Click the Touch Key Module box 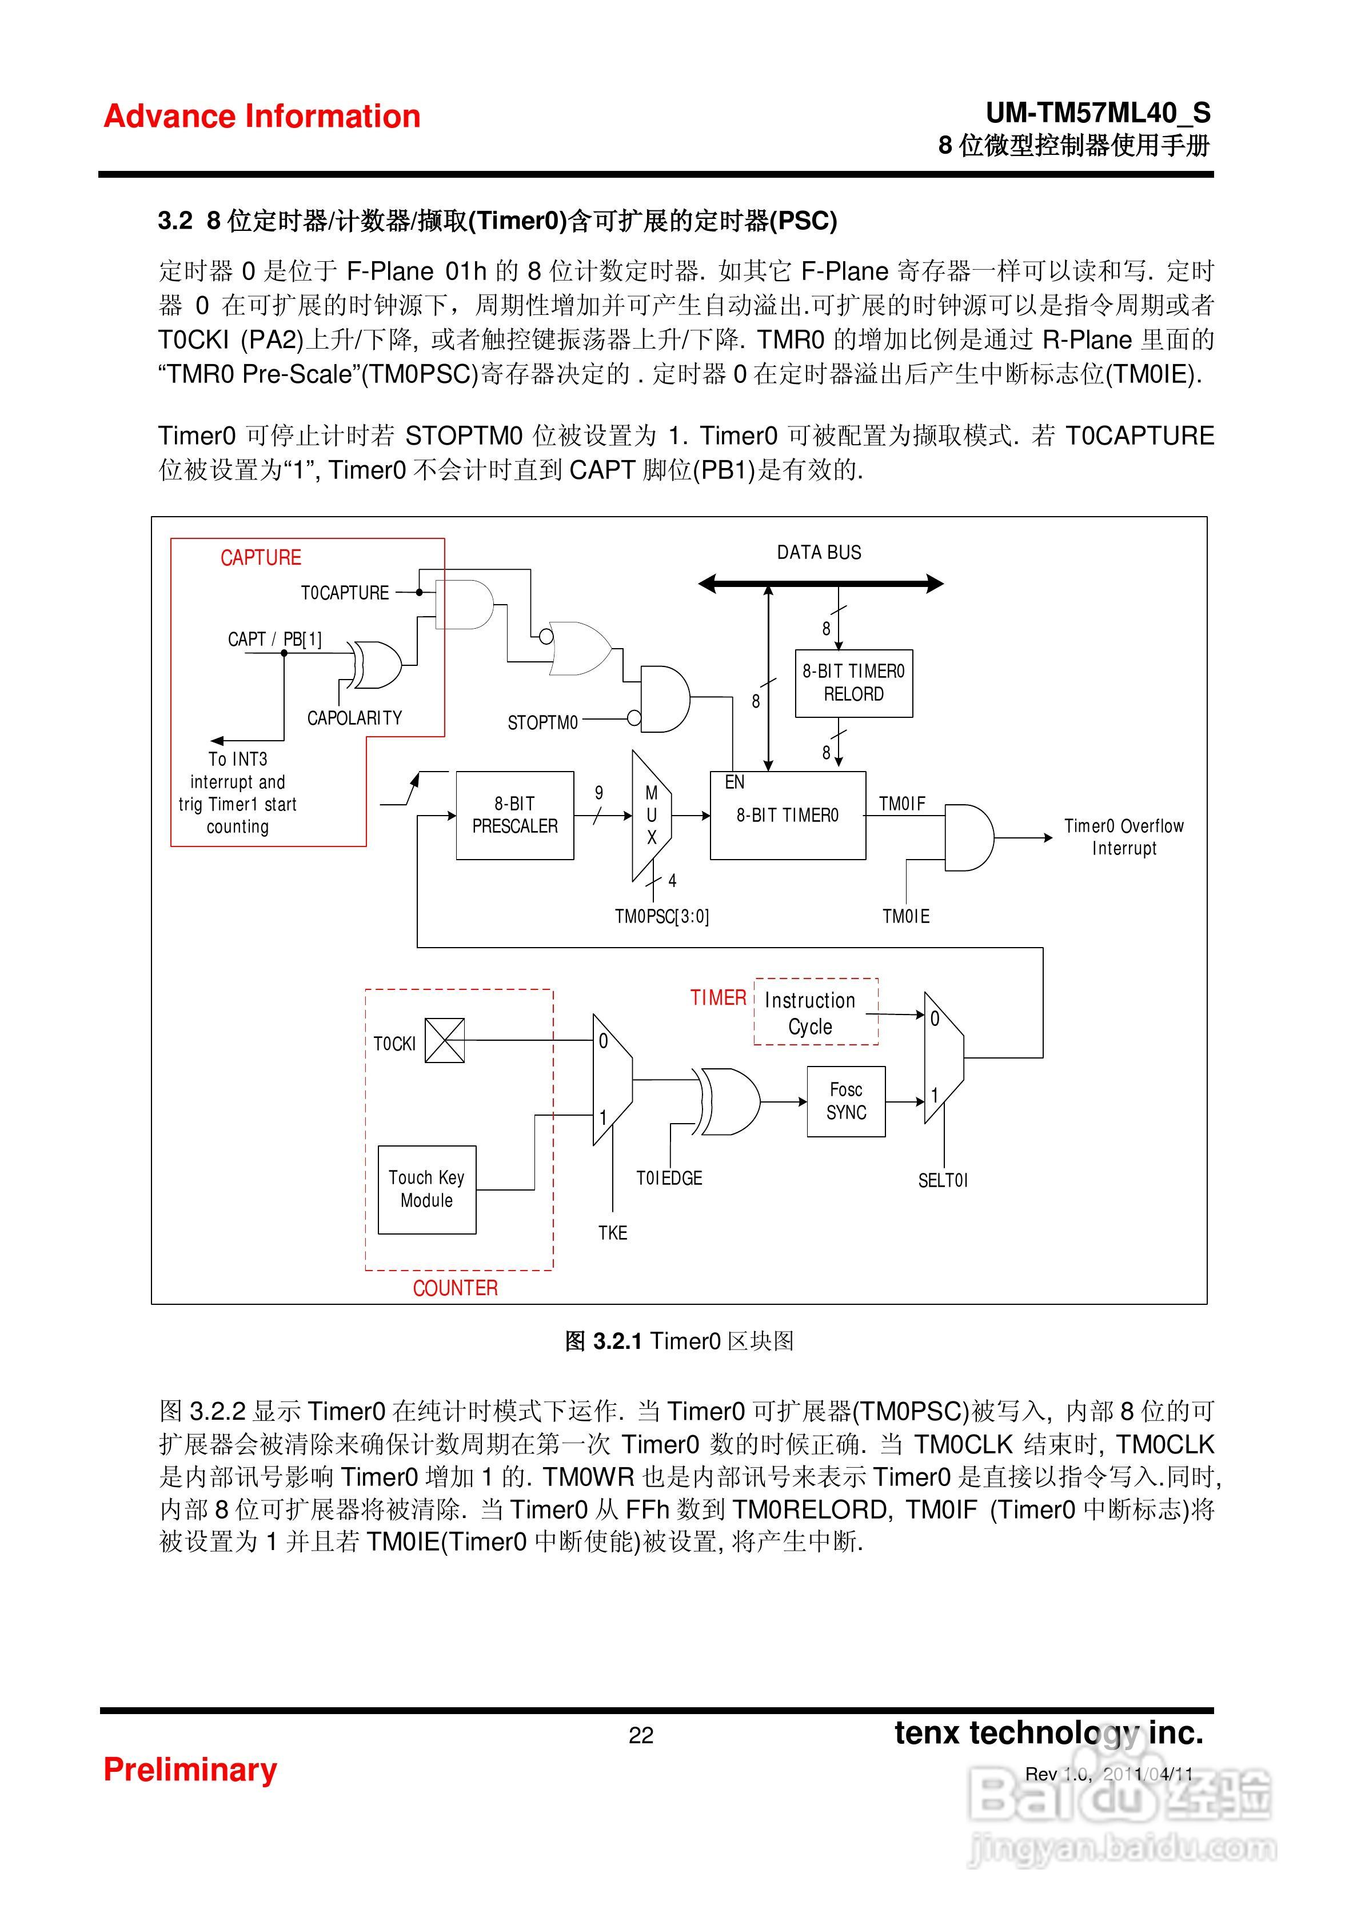coord(427,1189)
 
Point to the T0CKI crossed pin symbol coord(445,1040)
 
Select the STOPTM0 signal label coord(542,722)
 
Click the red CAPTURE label coord(260,557)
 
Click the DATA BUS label coord(819,553)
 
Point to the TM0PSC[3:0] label coord(661,916)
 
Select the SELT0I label coord(943,1180)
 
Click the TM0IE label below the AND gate coord(905,916)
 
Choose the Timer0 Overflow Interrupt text coord(1124,837)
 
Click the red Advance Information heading coord(262,117)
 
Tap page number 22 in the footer coord(641,1735)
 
